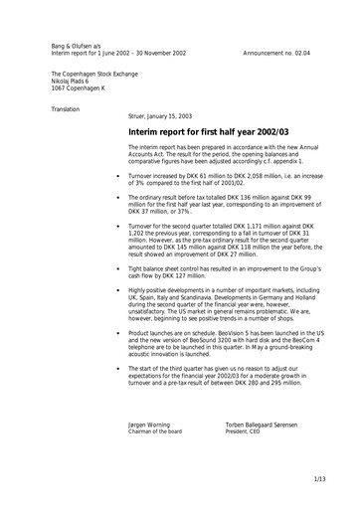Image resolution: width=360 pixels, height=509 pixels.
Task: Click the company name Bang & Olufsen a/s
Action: pos(77,46)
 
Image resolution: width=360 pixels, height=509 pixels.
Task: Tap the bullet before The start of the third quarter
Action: pos(117,373)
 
